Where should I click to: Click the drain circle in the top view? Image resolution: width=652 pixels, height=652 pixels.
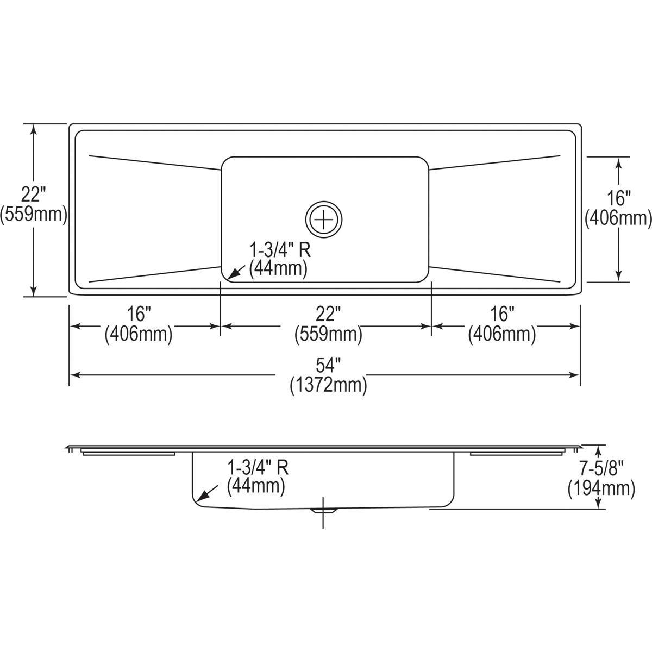point(324,219)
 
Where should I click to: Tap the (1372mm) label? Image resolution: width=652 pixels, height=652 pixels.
point(328,385)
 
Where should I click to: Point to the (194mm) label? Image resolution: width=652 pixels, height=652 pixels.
point(601,488)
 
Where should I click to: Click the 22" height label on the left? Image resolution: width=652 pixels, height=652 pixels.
point(34,193)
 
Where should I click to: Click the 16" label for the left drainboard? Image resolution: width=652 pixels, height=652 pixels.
point(139,314)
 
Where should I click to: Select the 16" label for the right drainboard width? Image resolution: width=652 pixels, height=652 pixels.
point(502,314)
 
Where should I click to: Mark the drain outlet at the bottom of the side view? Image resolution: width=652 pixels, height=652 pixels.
point(324,510)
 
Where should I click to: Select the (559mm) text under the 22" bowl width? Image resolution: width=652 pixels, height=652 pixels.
point(328,334)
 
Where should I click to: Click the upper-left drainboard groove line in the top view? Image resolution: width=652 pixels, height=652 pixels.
point(155,162)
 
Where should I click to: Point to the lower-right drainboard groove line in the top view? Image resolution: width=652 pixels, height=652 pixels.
point(494,274)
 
